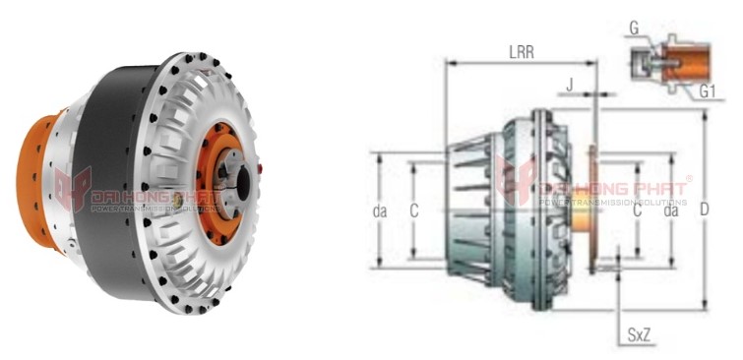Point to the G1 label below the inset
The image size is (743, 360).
pyautogui.click(x=707, y=91)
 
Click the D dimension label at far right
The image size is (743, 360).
pyautogui.click(x=729, y=210)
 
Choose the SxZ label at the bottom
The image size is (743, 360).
pyautogui.click(x=639, y=335)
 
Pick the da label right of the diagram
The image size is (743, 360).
pyautogui.click(x=671, y=210)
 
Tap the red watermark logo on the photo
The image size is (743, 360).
pyautogui.click(x=73, y=188)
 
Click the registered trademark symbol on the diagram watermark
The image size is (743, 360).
pyautogui.click(x=689, y=179)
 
